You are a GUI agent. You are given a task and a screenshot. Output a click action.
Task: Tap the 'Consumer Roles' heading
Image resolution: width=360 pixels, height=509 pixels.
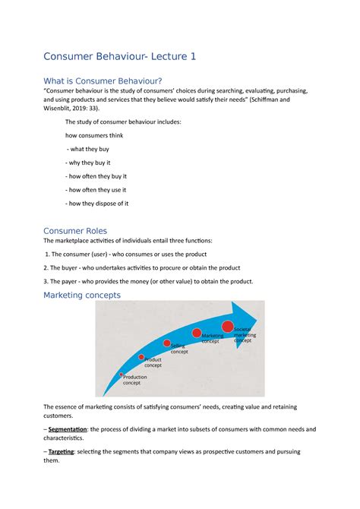pos(75,230)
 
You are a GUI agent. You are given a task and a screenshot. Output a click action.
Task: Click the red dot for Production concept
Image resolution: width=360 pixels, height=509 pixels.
pos(122,375)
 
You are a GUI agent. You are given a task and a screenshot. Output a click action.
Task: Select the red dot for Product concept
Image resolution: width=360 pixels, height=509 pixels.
pos(141,356)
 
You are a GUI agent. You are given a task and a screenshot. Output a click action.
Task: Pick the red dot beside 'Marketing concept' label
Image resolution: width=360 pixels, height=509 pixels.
pos(197,333)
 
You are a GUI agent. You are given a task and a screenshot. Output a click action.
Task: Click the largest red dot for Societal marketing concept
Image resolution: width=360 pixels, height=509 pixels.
pos(228,327)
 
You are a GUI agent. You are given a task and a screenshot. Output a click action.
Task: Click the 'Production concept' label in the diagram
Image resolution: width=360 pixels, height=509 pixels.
pos(135,380)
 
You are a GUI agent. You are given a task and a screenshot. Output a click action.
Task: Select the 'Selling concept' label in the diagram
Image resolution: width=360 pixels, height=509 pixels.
pos(179,349)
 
